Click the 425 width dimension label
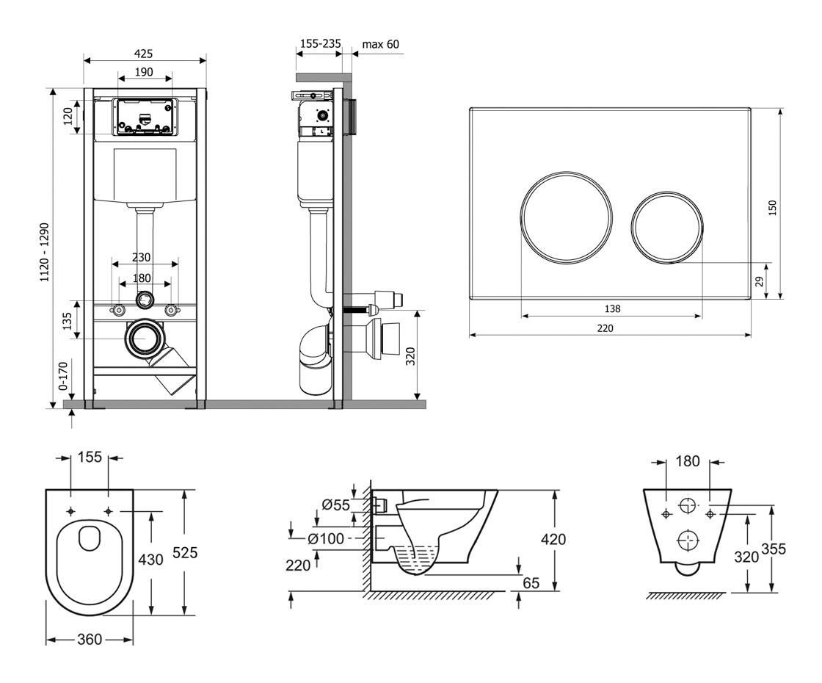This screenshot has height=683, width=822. [144, 54]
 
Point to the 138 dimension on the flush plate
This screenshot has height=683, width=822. [612, 309]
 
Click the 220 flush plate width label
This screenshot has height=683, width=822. [604, 328]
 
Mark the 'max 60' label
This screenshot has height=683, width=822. [381, 44]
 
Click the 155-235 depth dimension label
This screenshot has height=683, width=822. [320, 44]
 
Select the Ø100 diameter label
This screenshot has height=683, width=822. [326, 539]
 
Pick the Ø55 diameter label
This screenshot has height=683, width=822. [336, 505]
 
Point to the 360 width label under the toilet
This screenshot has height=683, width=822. [90, 640]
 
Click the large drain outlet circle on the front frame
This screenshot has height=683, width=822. [145, 339]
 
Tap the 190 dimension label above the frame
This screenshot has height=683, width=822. [144, 72]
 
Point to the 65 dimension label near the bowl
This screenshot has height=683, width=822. [531, 583]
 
